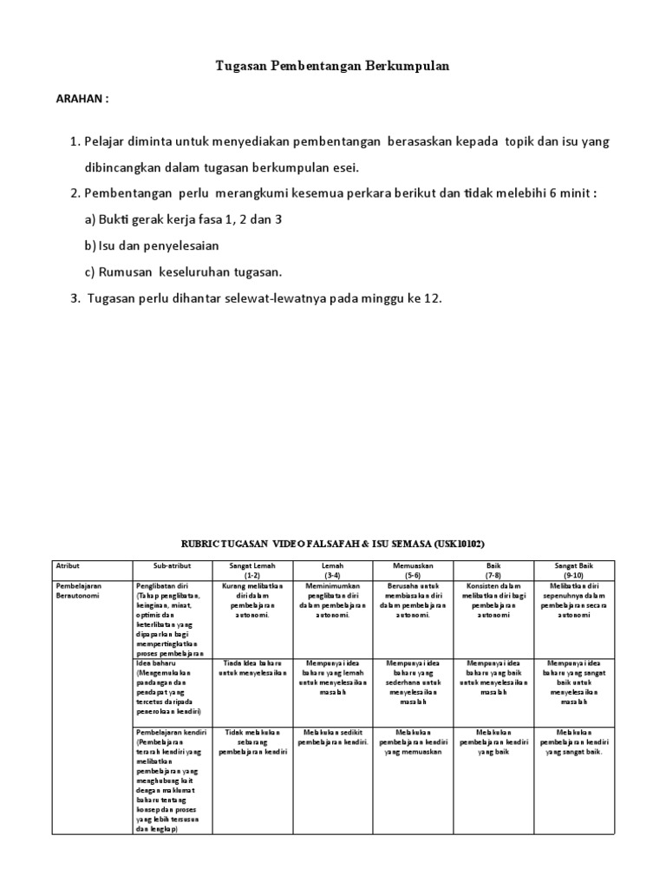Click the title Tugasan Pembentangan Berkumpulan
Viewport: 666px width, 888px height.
point(332,66)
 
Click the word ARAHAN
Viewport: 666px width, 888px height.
point(82,99)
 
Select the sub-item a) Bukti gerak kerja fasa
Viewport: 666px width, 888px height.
point(184,219)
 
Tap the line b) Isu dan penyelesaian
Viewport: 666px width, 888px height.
point(152,245)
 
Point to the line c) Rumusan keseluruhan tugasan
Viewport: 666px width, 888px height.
point(183,271)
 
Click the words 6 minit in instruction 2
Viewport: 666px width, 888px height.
point(571,193)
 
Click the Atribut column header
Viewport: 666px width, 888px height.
point(68,565)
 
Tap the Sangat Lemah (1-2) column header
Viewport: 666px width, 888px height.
point(252,570)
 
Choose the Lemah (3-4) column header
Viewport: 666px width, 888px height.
point(333,570)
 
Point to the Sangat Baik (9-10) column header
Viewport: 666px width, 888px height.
point(573,570)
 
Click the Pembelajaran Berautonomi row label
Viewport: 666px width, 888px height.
point(79,591)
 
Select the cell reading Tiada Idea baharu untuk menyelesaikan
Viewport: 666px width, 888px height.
point(252,668)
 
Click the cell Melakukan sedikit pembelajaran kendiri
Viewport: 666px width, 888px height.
point(333,737)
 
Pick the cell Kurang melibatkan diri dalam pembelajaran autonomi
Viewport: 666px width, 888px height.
point(252,600)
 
